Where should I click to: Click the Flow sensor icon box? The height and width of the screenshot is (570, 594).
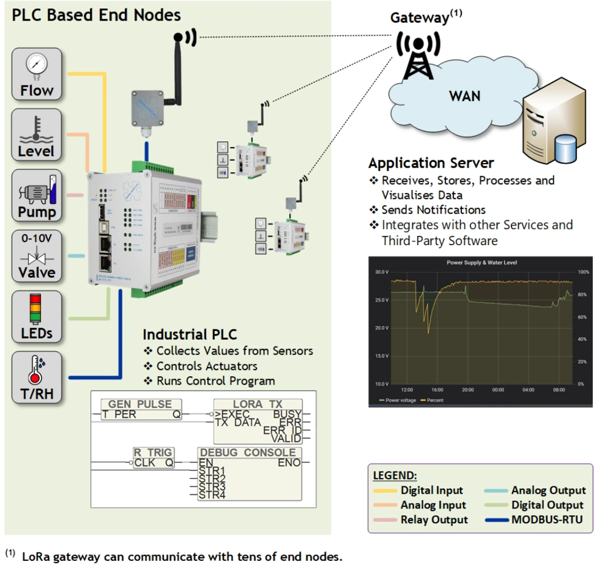[36, 74]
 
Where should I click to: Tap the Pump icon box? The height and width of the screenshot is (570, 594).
[36, 196]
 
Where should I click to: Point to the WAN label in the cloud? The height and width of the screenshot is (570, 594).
[465, 95]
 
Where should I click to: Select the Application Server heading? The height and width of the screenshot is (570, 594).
[431, 164]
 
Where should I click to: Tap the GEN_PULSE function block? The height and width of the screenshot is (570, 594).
[142, 410]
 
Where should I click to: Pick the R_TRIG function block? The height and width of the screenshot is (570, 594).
[153, 458]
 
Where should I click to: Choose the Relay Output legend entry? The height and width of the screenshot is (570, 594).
[434, 519]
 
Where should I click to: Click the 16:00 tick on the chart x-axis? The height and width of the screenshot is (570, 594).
[437, 390]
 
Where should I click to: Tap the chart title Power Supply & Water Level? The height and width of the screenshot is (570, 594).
[477, 263]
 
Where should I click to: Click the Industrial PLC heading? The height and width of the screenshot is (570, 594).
[190, 334]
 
